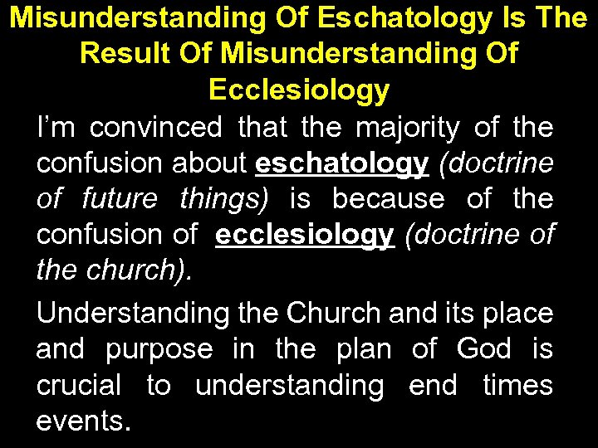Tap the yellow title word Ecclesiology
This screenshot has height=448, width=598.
[x=299, y=90]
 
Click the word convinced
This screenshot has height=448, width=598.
[x=155, y=127]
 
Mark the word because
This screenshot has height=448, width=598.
[x=388, y=199]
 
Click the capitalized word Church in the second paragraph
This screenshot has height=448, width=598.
[x=326, y=314]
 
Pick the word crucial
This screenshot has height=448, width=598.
[x=79, y=386]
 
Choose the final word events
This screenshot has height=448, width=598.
[x=82, y=421]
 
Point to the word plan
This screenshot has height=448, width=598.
[x=364, y=350]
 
